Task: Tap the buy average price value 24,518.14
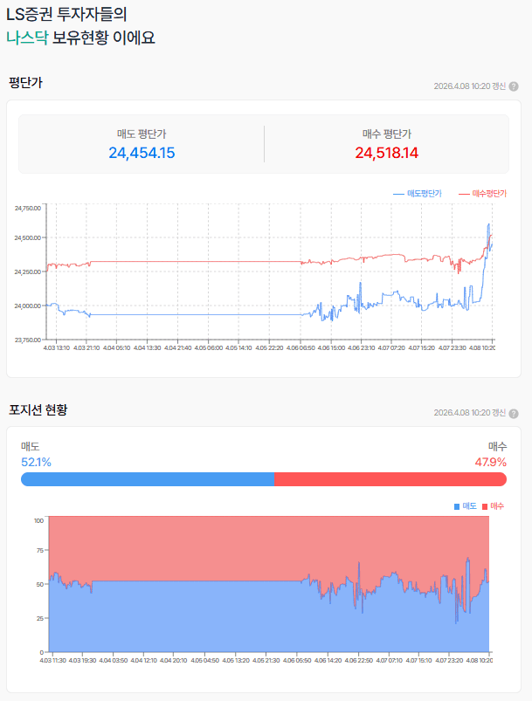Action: click(386, 153)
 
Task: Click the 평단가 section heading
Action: click(25, 83)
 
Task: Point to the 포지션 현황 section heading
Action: click(38, 409)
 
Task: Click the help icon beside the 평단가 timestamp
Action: click(514, 86)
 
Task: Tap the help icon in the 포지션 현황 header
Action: click(514, 413)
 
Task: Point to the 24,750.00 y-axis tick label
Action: click(28, 209)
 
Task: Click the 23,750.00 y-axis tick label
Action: click(28, 340)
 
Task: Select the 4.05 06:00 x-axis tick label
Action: click(208, 347)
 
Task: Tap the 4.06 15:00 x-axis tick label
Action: click(330, 347)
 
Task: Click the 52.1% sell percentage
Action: click(36, 462)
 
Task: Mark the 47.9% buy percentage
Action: click(490, 462)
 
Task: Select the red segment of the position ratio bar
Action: click(390, 479)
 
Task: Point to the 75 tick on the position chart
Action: click(38, 552)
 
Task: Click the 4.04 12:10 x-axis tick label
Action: click(143, 660)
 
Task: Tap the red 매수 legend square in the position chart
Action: click(485, 506)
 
